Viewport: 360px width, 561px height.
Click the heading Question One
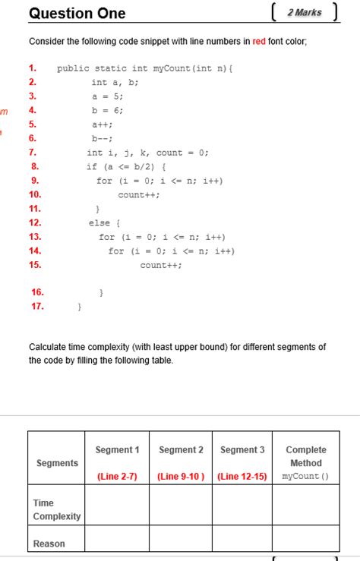coord(77,14)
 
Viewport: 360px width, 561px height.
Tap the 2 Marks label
coord(305,13)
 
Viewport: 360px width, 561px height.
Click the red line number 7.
coord(33,153)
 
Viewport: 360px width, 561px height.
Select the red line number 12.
coord(35,222)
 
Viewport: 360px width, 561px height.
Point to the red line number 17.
coord(37,307)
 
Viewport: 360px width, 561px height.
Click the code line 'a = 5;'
coord(107,96)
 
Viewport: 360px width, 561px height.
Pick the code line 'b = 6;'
coord(107,110)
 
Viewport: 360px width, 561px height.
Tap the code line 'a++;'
coord(103,124)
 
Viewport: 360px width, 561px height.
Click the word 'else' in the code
coord(99,222)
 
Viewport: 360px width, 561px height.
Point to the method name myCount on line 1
coord(171,68)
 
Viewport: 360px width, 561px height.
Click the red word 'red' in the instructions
coord(259,41)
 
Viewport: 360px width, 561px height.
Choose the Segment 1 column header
coord(118,449)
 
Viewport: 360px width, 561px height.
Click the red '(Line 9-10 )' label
coord(181,477)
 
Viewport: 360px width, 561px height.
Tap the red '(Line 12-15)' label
coord(242,477)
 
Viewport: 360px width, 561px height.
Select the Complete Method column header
coord(305,456)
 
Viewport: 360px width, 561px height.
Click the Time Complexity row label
coord(56,509)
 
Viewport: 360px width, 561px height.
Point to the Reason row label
coord(49,544)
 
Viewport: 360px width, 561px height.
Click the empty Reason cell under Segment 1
coord(117,539)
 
